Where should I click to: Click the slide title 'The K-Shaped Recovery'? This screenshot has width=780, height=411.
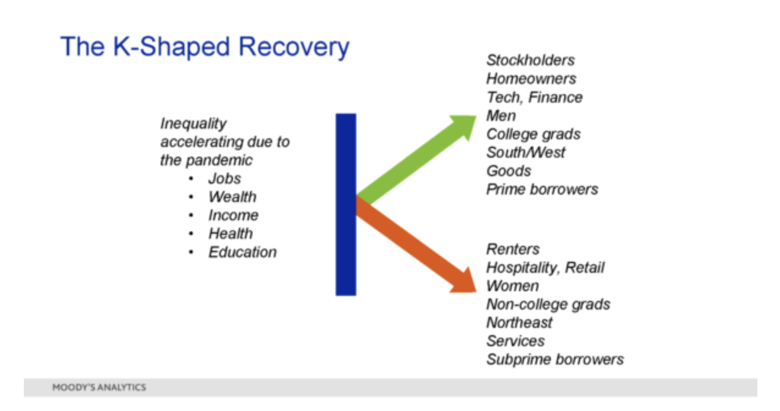(205, 47)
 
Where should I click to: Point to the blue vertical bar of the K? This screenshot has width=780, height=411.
(346, 204)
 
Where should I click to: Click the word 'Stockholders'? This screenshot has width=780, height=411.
(531, 61)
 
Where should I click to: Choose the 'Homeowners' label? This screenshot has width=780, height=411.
(531, 79)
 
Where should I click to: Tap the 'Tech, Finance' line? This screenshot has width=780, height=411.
(534, 97)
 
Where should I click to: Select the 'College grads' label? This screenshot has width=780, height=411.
(534, 135)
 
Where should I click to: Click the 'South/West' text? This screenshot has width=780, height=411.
(526, 152)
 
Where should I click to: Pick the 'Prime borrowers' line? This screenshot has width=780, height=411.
(542, 190)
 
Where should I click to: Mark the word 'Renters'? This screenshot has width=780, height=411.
(513, 250)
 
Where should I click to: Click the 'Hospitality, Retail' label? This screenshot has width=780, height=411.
(545, 268)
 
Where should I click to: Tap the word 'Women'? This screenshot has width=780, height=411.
(513, 286)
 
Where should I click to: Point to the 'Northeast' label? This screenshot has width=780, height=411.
(519, 322)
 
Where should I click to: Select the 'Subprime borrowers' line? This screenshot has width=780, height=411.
(555, 360)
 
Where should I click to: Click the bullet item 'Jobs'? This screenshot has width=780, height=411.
(224, 179)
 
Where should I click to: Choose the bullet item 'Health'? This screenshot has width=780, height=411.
(230, 234)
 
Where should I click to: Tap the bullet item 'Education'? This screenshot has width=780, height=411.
(242, 252)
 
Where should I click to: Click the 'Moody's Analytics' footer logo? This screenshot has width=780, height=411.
(99, 387)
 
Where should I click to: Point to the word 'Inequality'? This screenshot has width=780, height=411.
(193, 124)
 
